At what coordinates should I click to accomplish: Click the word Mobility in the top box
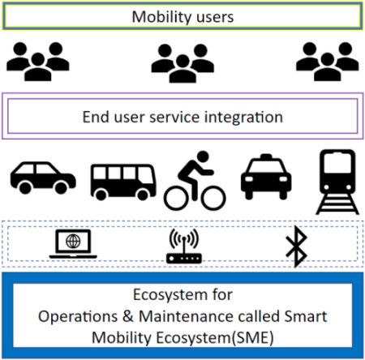160,17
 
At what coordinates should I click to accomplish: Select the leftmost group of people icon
38,62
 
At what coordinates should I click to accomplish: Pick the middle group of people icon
182,63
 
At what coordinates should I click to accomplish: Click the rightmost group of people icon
328,62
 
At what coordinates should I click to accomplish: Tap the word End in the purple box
96,117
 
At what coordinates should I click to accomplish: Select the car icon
43,178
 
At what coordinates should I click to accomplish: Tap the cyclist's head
203,156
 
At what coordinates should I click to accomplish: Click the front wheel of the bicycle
213,198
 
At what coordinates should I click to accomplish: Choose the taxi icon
266,177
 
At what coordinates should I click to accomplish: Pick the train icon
337,182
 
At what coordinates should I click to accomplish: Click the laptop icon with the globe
73,244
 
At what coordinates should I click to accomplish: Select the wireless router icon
184,246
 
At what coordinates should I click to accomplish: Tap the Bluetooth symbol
297,246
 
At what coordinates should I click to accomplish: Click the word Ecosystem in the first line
170,294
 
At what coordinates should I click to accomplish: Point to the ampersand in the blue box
128,316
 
